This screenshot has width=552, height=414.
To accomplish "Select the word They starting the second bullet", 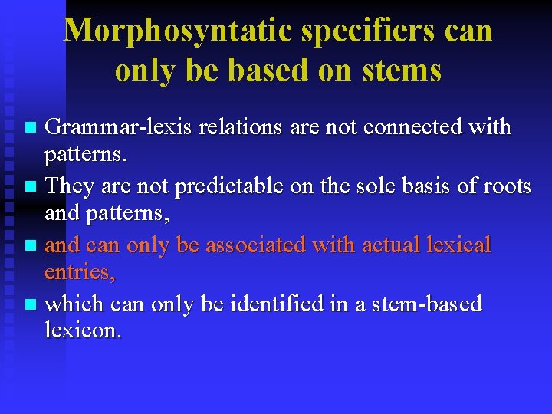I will click(x=70, y=186).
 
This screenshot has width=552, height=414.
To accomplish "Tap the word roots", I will click(x=502, y=186).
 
